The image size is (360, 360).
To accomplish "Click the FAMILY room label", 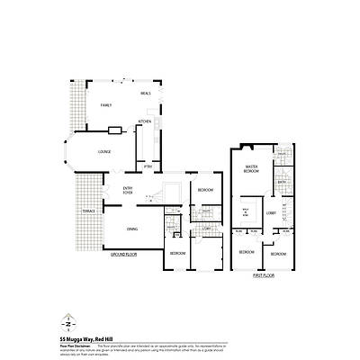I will point(105,105).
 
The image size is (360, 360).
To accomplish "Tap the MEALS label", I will point(144,92).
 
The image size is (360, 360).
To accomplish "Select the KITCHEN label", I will point(144,121).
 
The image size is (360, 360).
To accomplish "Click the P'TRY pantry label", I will point(148,167).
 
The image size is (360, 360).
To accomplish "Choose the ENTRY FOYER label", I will point(128,189).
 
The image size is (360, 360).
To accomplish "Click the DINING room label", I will point(132,229).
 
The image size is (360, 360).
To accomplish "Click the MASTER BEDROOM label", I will point(253,168).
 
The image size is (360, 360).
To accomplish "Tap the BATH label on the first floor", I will point(282,182).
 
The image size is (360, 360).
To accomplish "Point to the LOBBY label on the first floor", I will point(271,211).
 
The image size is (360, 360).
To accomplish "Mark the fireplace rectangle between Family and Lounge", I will point(113,131).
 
